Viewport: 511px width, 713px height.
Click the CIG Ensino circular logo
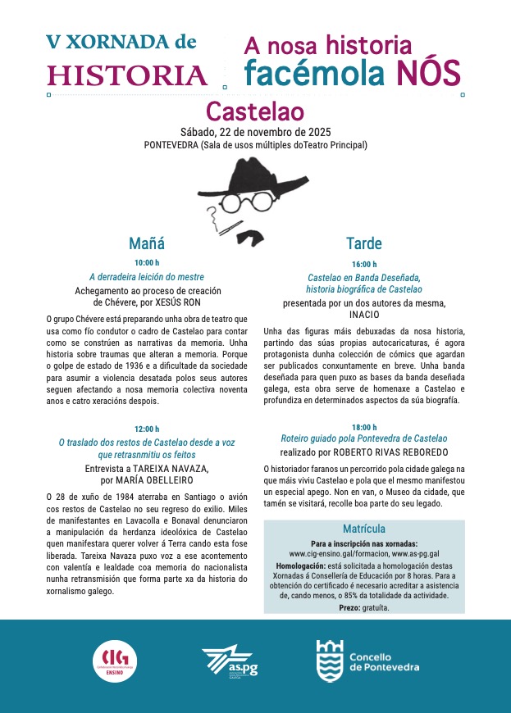[116, 661]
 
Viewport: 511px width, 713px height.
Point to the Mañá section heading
[147, 243]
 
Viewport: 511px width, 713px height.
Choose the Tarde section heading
[363, 243]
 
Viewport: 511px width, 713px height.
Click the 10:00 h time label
[147, 262]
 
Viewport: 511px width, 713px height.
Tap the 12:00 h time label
[147, 428]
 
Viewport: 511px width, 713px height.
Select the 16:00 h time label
[363, 264]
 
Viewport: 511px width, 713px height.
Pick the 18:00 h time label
[363, 427]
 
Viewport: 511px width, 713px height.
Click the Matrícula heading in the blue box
[364, 529]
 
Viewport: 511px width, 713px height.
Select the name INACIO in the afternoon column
[364, 314]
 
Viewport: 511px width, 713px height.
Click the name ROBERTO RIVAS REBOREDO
[384, 452]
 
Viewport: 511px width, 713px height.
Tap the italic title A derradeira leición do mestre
[147, 277]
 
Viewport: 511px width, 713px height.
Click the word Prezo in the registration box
[349, 608]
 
